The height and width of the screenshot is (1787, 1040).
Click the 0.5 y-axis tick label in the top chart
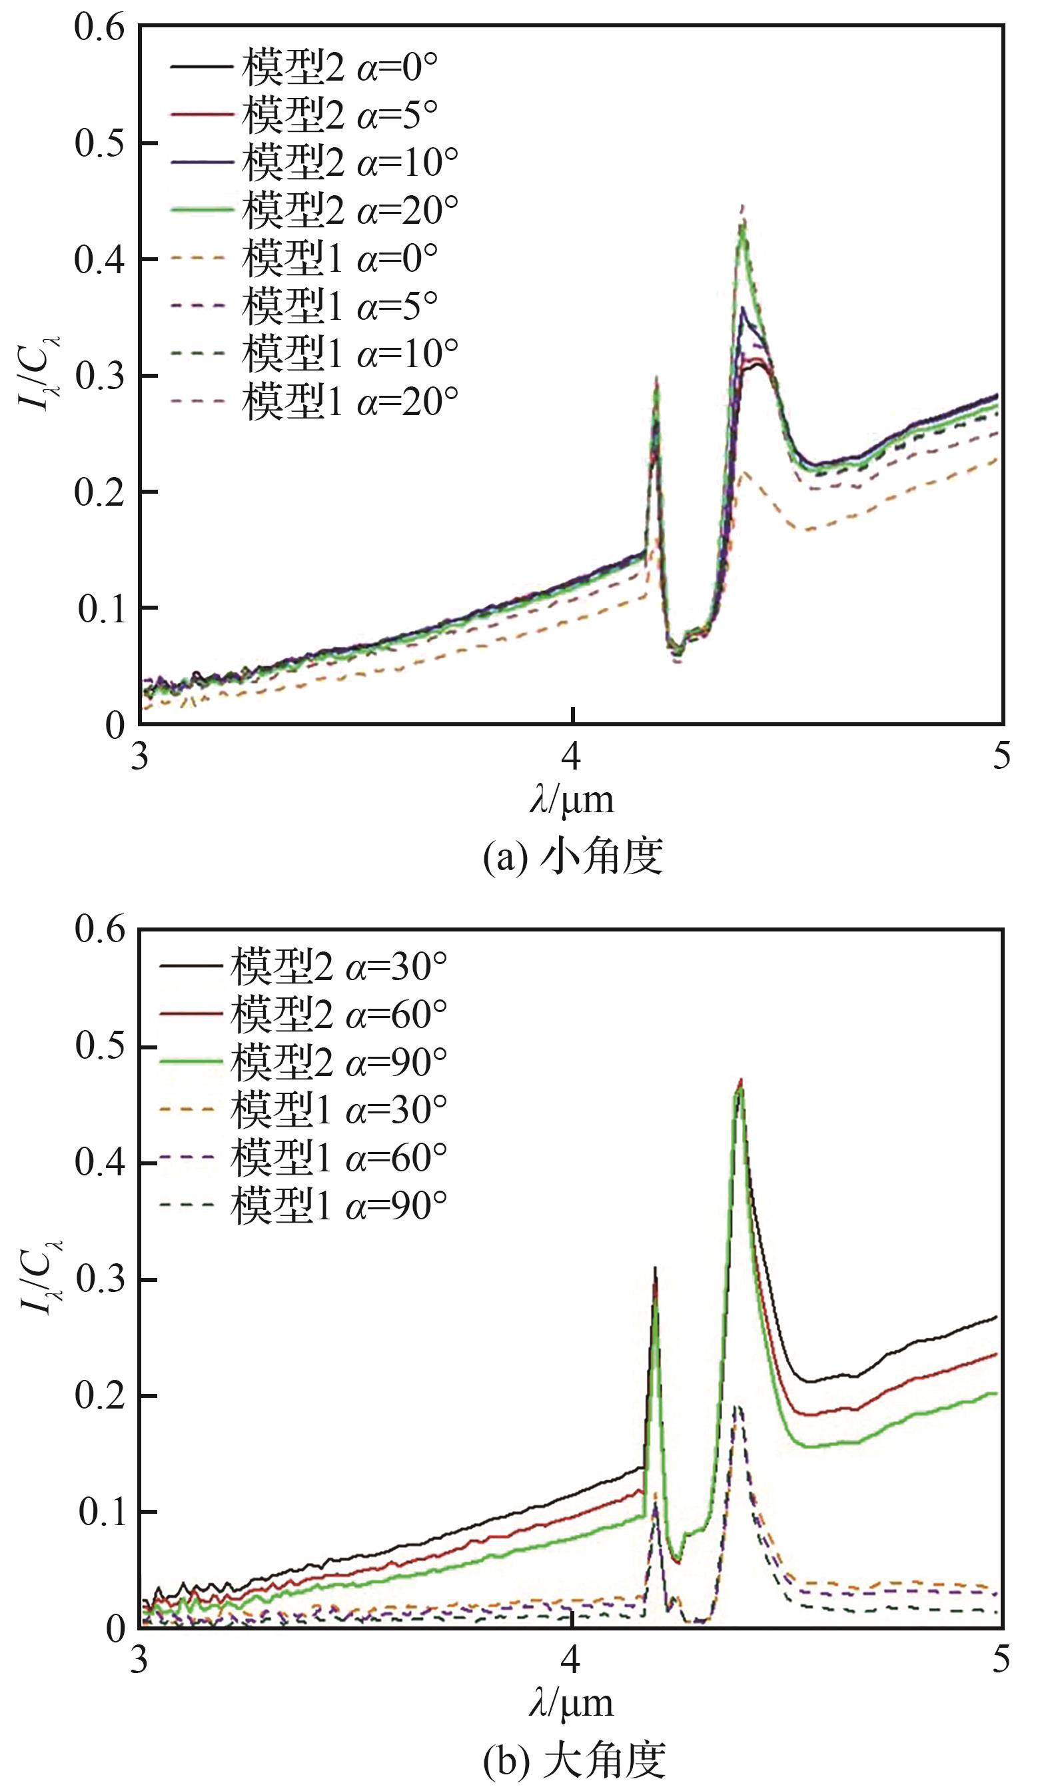tap(99, 144)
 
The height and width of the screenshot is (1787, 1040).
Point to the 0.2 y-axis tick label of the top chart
tap(99, 492)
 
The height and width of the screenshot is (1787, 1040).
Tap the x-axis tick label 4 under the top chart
tap(572, 757)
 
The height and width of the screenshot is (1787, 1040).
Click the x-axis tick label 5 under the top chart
tap(1000, 757)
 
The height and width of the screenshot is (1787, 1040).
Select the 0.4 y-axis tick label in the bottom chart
tap(99, 1163)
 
